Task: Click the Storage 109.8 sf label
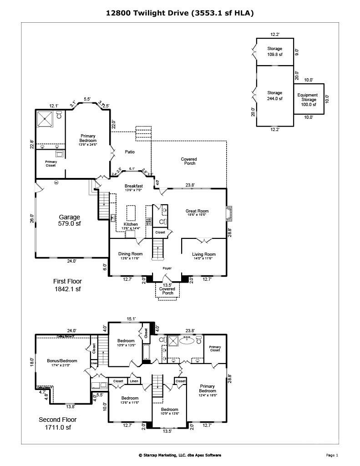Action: pyautogui.click(x=274, y=51)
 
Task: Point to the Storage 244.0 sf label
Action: pyautogui.click(x=274, y=96)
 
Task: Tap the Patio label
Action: pyautogui.click(x=130, y=152)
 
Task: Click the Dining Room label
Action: pyautogui.click(x=131, y=256)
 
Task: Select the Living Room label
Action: pyautogui.click(x=203, y=256)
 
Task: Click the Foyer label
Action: pyautogui.click(x=168, y=268)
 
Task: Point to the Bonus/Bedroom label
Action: pyautogui.click(x=62, y=363)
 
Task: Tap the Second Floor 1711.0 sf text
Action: pyautogui.click(x=57, y=423)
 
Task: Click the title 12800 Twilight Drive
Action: pyautogui.click(x=180, y=14)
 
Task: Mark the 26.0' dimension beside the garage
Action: pyautogui.click(x=32, y=218)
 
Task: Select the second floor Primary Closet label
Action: pyautogui.click(x=214, y=349)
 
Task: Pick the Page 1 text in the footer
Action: pyautogui.click(x=332, y=455)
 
